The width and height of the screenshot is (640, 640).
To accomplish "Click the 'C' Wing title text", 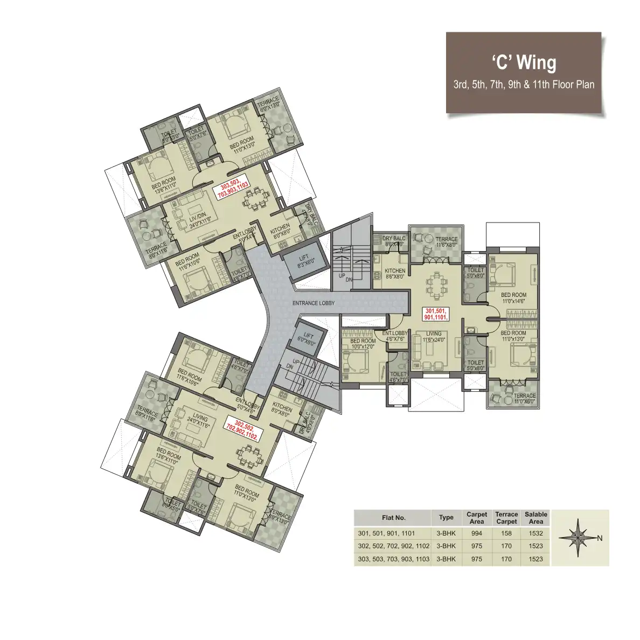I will [x=523, y=62].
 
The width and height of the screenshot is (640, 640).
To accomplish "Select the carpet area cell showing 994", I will [x=476, y=533].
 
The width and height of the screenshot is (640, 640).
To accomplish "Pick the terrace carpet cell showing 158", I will [x=506, y=533].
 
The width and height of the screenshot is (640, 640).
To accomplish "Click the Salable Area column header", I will [x=535, y=518].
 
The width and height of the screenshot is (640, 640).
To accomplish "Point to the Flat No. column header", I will [x=393, y=518].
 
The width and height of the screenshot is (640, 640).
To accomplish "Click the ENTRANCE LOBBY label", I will [x=313, y=303].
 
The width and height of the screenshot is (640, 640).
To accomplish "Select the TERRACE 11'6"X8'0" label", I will [x=446, y=242].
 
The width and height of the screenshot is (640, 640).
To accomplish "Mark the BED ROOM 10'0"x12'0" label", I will [x=363, y=344].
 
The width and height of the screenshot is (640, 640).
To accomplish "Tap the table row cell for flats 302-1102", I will [x=393, y=546].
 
